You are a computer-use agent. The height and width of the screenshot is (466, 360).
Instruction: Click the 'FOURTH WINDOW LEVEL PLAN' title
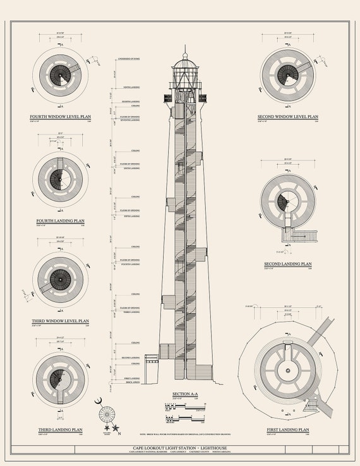coord(60,117)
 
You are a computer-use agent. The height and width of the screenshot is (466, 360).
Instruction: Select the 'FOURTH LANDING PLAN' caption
coord(60,220)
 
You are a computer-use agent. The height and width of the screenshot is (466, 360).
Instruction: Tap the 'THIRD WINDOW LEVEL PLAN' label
coord(60,321)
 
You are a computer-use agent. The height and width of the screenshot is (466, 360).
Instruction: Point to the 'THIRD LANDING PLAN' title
coord(60,429)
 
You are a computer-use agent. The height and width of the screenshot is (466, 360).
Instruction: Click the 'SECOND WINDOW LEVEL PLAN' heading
coord(287,117)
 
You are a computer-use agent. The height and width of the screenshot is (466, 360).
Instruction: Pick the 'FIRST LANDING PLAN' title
coord(287,429)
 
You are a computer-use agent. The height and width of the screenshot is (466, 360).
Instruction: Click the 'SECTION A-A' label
coord(185,393)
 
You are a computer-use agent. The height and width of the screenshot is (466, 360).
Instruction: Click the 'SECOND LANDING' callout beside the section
coord(131,358)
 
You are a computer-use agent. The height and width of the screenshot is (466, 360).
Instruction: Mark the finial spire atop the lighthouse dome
coord(185,49)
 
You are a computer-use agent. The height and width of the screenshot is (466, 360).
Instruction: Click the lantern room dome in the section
coord(185,61)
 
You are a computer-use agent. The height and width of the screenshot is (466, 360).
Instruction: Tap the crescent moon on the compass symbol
coord(98,402)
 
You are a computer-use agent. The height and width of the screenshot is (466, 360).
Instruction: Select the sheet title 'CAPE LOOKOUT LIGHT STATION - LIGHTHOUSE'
coord(180,447)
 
